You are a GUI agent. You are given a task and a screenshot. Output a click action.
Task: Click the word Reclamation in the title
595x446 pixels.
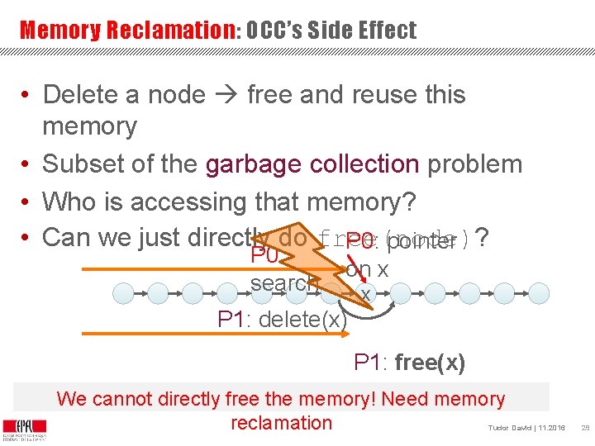pos(172,31)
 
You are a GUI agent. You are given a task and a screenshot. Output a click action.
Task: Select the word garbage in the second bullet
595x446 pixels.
pos(254,164)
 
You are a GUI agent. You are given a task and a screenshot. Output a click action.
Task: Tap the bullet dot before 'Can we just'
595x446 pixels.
pos(27,238)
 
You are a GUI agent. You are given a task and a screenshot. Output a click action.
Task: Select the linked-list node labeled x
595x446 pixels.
pos(364,293)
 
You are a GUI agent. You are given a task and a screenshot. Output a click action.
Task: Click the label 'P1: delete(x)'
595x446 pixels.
pos(282,320)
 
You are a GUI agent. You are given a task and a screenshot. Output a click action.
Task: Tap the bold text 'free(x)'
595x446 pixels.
pos(431,363)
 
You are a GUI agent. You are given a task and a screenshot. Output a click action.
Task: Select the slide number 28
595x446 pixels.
pos(584,428)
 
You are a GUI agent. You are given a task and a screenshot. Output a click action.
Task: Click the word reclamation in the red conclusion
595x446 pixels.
pos(281,423)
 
